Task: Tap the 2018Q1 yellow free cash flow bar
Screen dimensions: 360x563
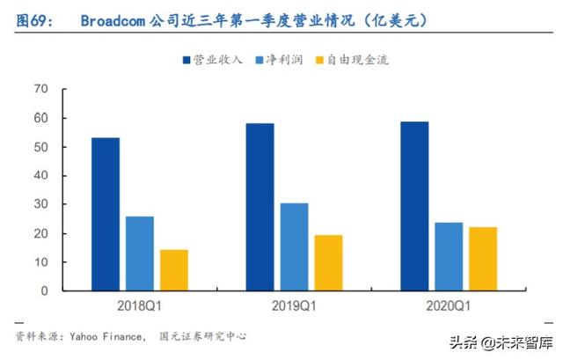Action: (173, 270)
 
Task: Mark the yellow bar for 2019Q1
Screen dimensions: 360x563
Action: (328, 262)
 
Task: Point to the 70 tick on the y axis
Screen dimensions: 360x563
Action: (40, 89)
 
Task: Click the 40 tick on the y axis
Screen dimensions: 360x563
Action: (40, 175)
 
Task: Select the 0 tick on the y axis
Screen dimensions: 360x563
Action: (44, 291)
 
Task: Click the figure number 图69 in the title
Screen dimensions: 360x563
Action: (32, 19)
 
